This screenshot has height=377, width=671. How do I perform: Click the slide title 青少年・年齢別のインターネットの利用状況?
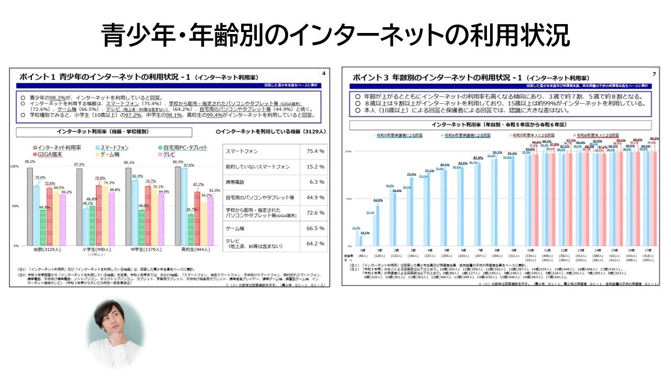coord(335,36)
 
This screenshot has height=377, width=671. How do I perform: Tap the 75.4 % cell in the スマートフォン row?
coord(315,151)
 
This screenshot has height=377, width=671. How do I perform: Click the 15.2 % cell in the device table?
coord(315,167)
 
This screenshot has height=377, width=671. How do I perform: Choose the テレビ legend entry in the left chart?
coord(169,155)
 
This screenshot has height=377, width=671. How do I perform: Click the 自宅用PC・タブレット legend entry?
coord(185,148)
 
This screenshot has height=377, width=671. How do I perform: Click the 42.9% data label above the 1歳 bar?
coord(378,201)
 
